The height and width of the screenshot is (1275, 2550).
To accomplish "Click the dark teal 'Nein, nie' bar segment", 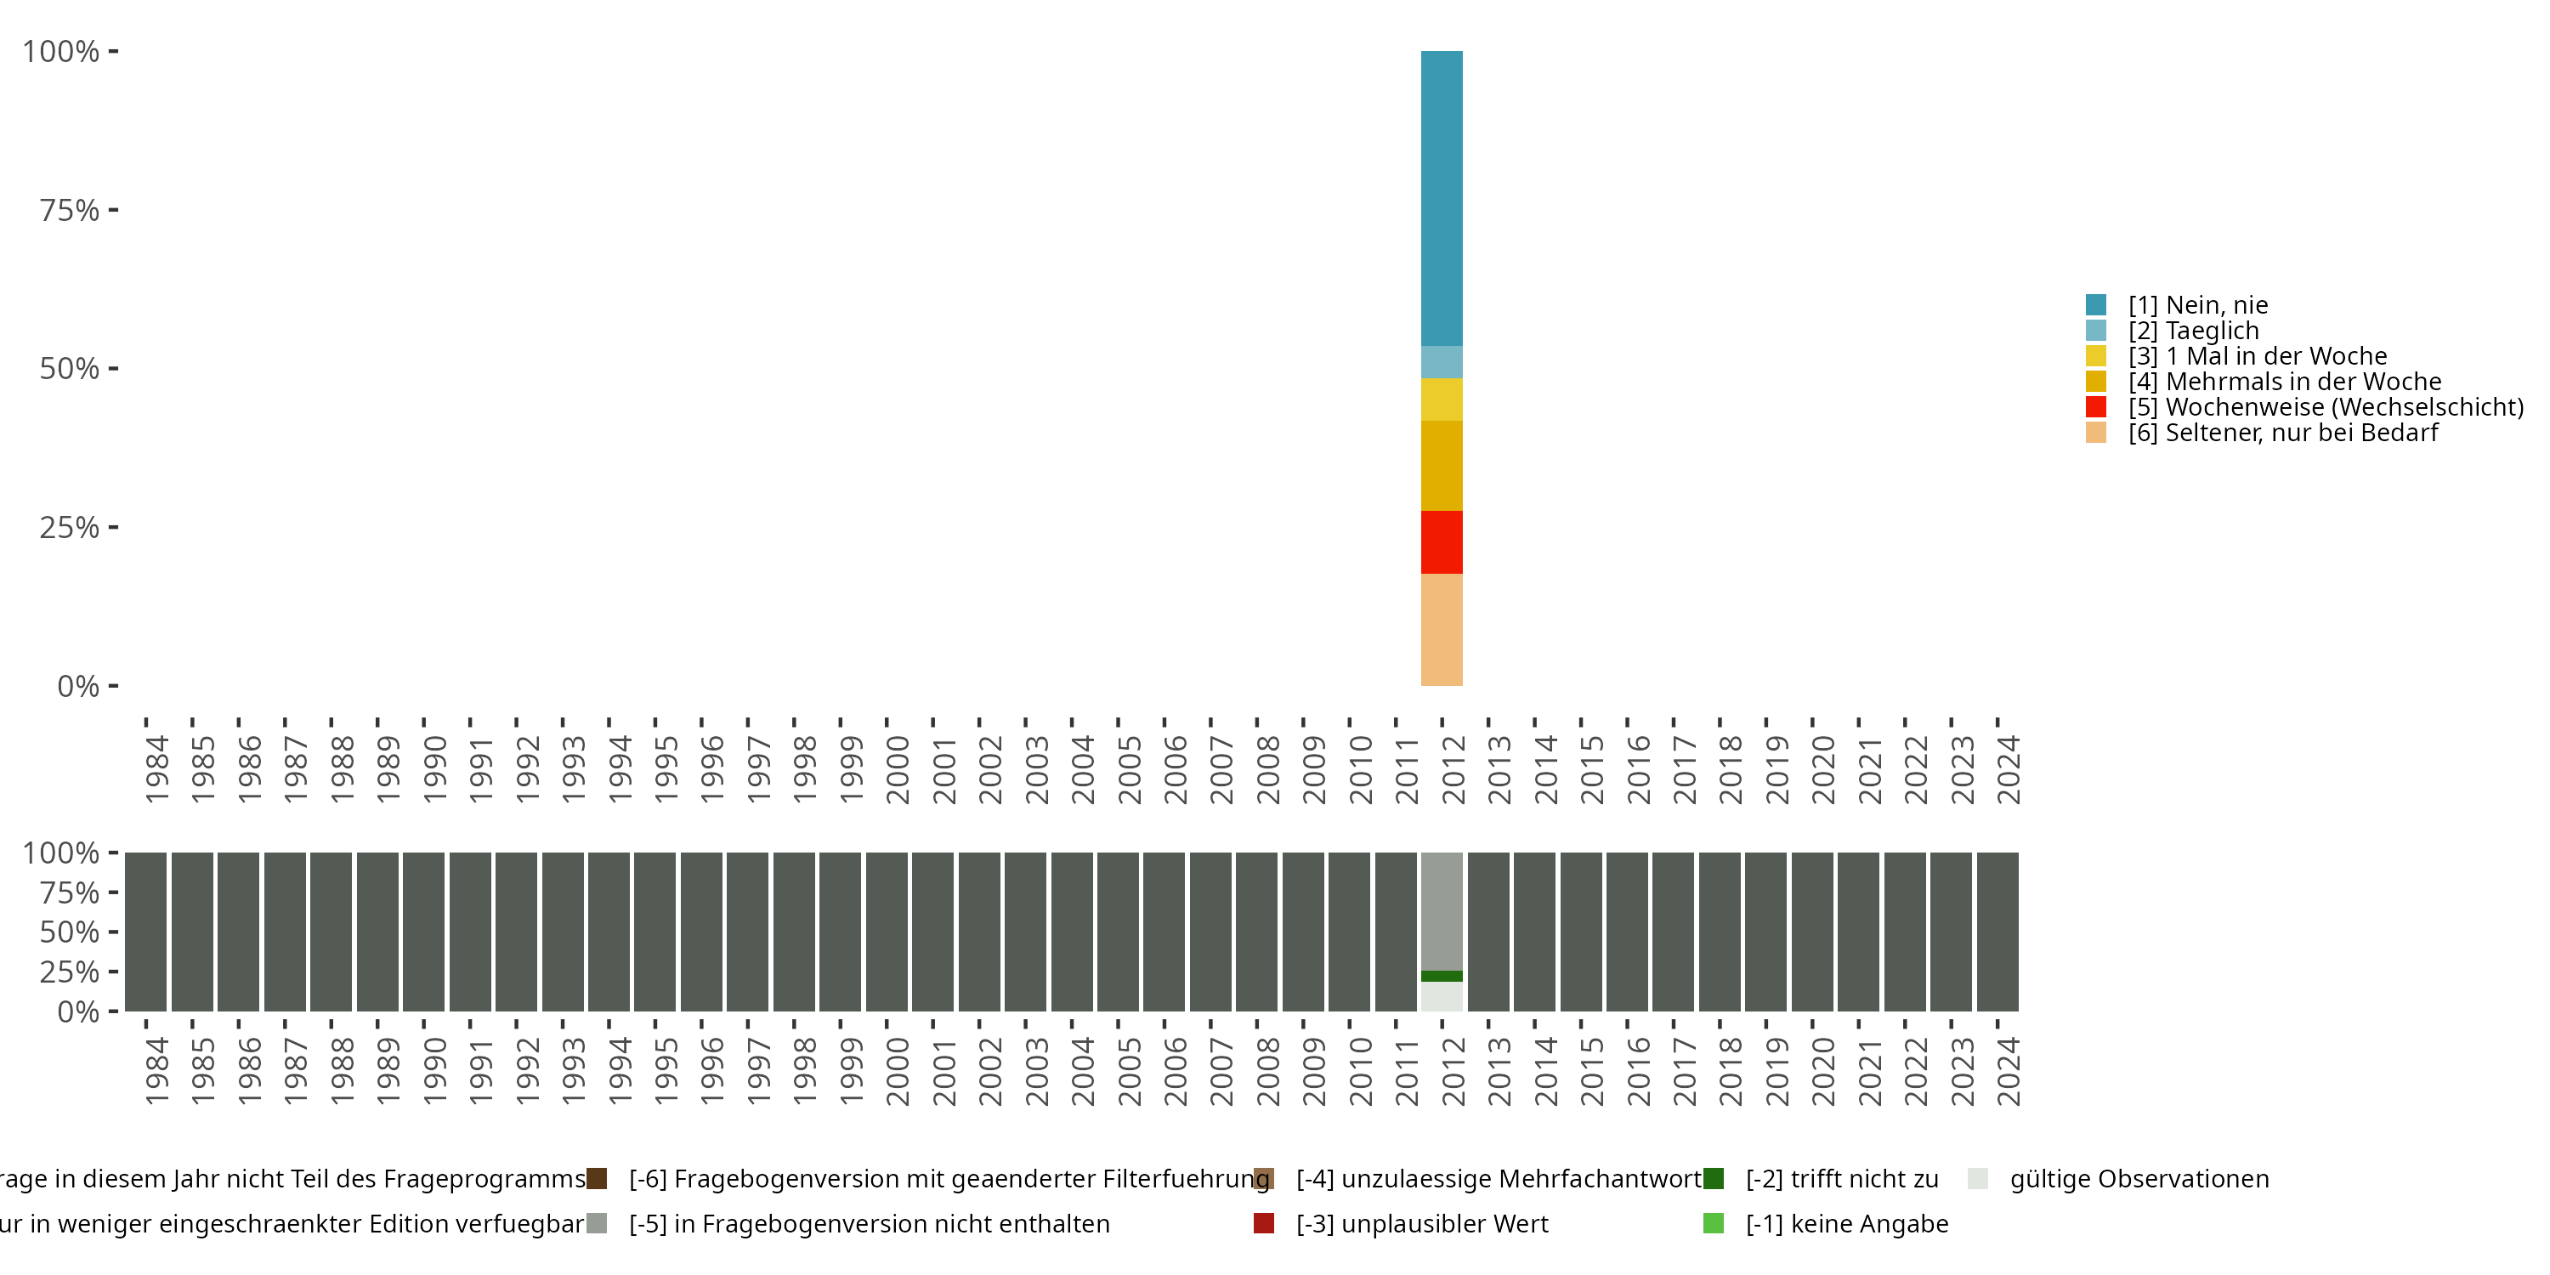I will pos(1442,198).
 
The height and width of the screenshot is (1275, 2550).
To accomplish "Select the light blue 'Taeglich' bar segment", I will pos(1442,361).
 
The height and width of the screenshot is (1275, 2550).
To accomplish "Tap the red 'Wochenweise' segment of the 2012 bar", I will pos(1442,541).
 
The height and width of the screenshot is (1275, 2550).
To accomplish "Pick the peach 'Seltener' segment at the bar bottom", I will pos(1442,630).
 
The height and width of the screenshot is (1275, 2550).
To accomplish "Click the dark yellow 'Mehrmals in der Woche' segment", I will pos(1442,465).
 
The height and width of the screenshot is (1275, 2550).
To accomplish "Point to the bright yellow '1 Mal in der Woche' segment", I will pos(1442,399).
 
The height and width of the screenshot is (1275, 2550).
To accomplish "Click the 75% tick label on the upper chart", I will pos(70,210).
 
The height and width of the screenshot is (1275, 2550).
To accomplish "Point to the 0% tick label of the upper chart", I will pos(78,686).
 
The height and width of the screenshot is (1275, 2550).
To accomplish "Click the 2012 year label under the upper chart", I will pos(1452,769).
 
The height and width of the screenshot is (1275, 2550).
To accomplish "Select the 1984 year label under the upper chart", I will pos(156,769).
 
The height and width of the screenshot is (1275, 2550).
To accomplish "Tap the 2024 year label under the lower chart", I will pos(2008,1072).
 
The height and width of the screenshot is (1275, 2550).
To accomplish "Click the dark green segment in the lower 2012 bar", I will pos(1442,976).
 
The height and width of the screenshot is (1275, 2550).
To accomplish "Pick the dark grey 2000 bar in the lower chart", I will pos(886,932).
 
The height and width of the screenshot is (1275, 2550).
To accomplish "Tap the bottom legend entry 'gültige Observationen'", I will pos(2139,1179).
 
